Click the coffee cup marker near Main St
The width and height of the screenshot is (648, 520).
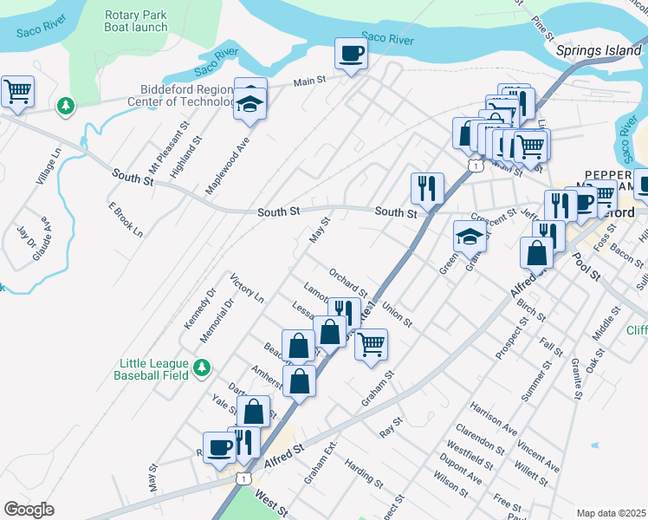pos(351,54)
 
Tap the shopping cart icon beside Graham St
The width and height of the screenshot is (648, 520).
pos(371,344)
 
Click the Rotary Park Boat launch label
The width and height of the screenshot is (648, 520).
pos(135,21)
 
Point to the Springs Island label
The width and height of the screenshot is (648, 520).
pos(599,51)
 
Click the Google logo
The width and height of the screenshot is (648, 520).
pos(29,509)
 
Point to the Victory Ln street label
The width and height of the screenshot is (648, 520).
pos(247,288)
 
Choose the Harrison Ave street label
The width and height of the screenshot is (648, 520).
pos(494,419)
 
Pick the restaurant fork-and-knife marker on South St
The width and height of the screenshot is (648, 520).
pos(427,188)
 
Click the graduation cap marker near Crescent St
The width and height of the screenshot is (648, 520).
pos(470,236)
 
